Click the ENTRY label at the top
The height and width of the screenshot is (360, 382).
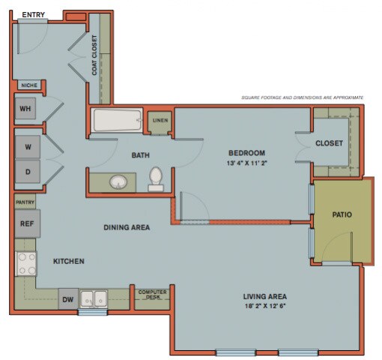32,15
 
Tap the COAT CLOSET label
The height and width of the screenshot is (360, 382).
94,58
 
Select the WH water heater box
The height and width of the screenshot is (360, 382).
25,109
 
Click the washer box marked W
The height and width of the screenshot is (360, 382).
27,146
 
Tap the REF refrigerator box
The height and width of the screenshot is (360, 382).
26,223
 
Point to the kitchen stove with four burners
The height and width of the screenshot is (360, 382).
26,264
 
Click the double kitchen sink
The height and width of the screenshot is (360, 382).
94,298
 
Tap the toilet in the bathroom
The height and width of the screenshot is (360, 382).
156,179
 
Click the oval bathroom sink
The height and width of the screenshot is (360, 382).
118,182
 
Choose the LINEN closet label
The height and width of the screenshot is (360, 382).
160,120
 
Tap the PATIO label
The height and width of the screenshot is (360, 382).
342,214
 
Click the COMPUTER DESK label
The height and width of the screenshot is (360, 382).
153,295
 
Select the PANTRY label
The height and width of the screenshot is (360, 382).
25,202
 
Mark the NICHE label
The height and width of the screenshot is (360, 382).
28,85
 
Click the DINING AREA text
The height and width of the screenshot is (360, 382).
127,226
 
